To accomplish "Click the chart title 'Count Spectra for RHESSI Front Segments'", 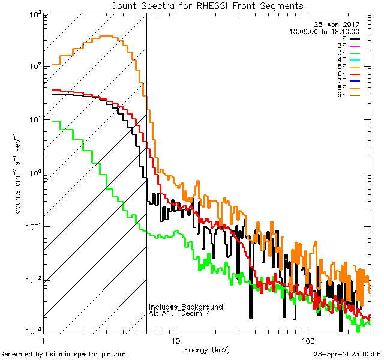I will coord(207,6).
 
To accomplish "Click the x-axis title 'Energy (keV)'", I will coord(206,349).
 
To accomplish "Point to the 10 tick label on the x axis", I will coord(175,340).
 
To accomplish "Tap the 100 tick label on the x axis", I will coord(307,340).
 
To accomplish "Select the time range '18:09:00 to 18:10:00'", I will coord(325,31).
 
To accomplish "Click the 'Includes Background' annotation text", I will coord(185,307).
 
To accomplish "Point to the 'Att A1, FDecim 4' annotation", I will coord(179,313).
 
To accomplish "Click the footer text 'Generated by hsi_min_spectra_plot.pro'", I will coord(63,354).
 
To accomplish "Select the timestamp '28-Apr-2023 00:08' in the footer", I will coord(346,354).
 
